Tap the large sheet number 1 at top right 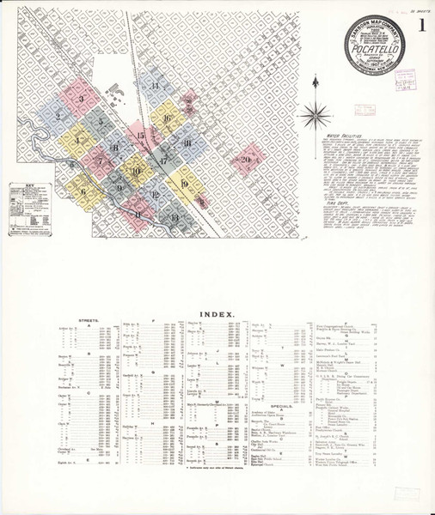[x=421, y=27]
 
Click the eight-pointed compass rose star [x=319, y=109]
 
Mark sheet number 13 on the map [x=175, y=218]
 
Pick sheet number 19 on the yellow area [x=183, y=182]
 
